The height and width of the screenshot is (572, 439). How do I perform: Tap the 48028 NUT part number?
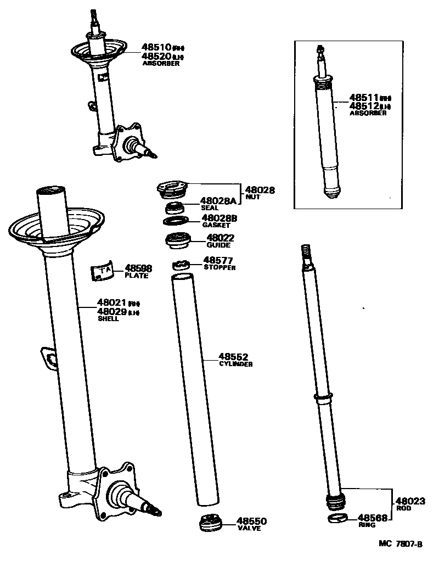pos(260,190)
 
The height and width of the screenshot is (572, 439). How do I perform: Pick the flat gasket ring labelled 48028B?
pos(175,221)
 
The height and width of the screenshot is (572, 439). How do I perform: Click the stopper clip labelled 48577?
pos(181,265)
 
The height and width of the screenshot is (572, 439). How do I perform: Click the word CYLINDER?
pos(235,364)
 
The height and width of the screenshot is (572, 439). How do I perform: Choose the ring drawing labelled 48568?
pos(338,519)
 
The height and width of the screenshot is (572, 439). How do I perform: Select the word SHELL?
pos(108,319)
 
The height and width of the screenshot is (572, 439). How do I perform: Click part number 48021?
pos(112,302)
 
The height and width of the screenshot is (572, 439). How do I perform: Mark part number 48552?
pos(233,356)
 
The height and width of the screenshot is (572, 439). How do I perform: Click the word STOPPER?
pos(219,268)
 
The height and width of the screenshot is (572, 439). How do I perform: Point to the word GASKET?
pos(216,226)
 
